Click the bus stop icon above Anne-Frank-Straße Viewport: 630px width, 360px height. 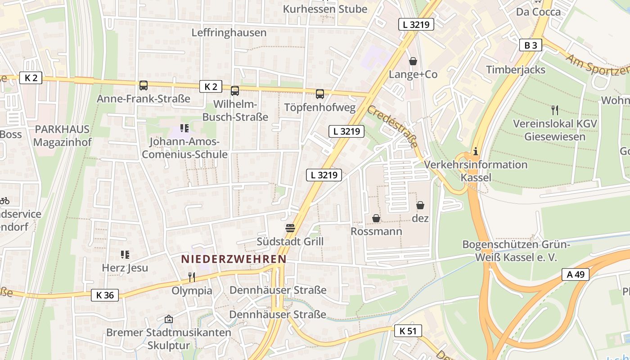tap(144, 85)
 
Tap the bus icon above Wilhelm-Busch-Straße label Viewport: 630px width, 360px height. tap(235, 91)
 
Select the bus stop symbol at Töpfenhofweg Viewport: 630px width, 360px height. tap(320, 94)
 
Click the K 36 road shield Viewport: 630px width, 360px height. tap(105, 295)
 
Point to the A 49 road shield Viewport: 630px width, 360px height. tap(575, 274)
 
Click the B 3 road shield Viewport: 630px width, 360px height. tap(531, 45)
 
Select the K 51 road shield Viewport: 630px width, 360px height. tap(408, 331)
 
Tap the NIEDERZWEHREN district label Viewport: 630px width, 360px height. tap(234, 259)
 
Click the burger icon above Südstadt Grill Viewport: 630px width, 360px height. tap(290, 228)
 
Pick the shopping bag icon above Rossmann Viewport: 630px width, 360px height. tap(376, 218)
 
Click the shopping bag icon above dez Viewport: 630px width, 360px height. tap(420, 205)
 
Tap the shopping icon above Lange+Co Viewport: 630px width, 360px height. tap(413, 61)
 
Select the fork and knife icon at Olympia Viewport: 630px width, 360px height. tap(192, 277)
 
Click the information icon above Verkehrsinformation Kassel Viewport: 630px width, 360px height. tap(476, 151)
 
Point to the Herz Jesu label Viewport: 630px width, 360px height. tap(125, 268)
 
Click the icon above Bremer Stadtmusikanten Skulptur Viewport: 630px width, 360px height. tap(169, 319)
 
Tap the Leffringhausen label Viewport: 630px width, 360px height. tap(229, 33)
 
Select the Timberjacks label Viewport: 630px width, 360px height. tap(516, 70)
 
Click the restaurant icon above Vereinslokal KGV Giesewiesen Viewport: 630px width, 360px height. tap(555, 110)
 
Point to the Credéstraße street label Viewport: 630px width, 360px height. tap(392, 126)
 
